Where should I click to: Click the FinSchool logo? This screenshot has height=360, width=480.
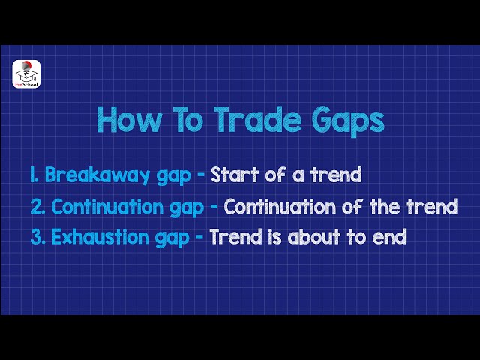click(x=26, y=74)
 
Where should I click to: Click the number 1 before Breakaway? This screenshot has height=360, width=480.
click(x=34, y=175)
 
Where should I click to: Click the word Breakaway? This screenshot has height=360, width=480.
click(x=94, y=175)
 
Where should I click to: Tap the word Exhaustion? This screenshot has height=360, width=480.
click(x=103, y=237)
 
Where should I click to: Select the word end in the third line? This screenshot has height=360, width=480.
click(x=391, y=237)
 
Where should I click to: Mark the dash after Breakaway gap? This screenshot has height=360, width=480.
click(x=200, y=176)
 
